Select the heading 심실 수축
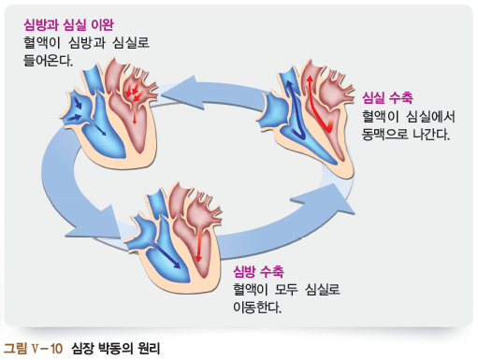(x=387, y=98)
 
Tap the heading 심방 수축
(x=258, y=270)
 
